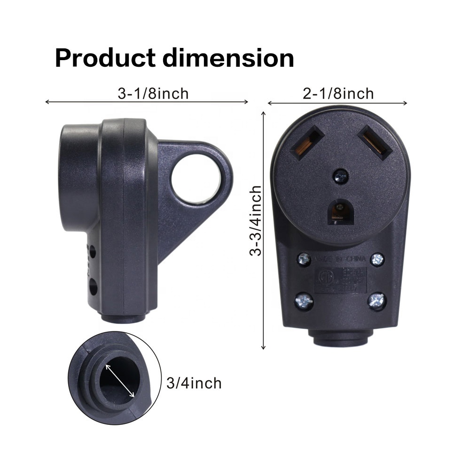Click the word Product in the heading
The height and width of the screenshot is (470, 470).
105,58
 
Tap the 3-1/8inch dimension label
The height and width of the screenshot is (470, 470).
153,94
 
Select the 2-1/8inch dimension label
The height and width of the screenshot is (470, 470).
338,94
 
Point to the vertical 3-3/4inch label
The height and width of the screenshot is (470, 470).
256,220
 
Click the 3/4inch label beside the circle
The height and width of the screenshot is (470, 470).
194,383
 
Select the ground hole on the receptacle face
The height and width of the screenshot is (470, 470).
340,211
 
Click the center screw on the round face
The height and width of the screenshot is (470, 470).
340,177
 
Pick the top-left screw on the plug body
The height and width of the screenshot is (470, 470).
304,259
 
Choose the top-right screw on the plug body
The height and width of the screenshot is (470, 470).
377,259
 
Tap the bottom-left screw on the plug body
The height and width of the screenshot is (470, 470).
304,301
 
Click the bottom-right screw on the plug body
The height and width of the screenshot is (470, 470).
377,301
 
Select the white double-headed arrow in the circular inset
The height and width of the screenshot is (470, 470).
120,380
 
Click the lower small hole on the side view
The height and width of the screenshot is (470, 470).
93,285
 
